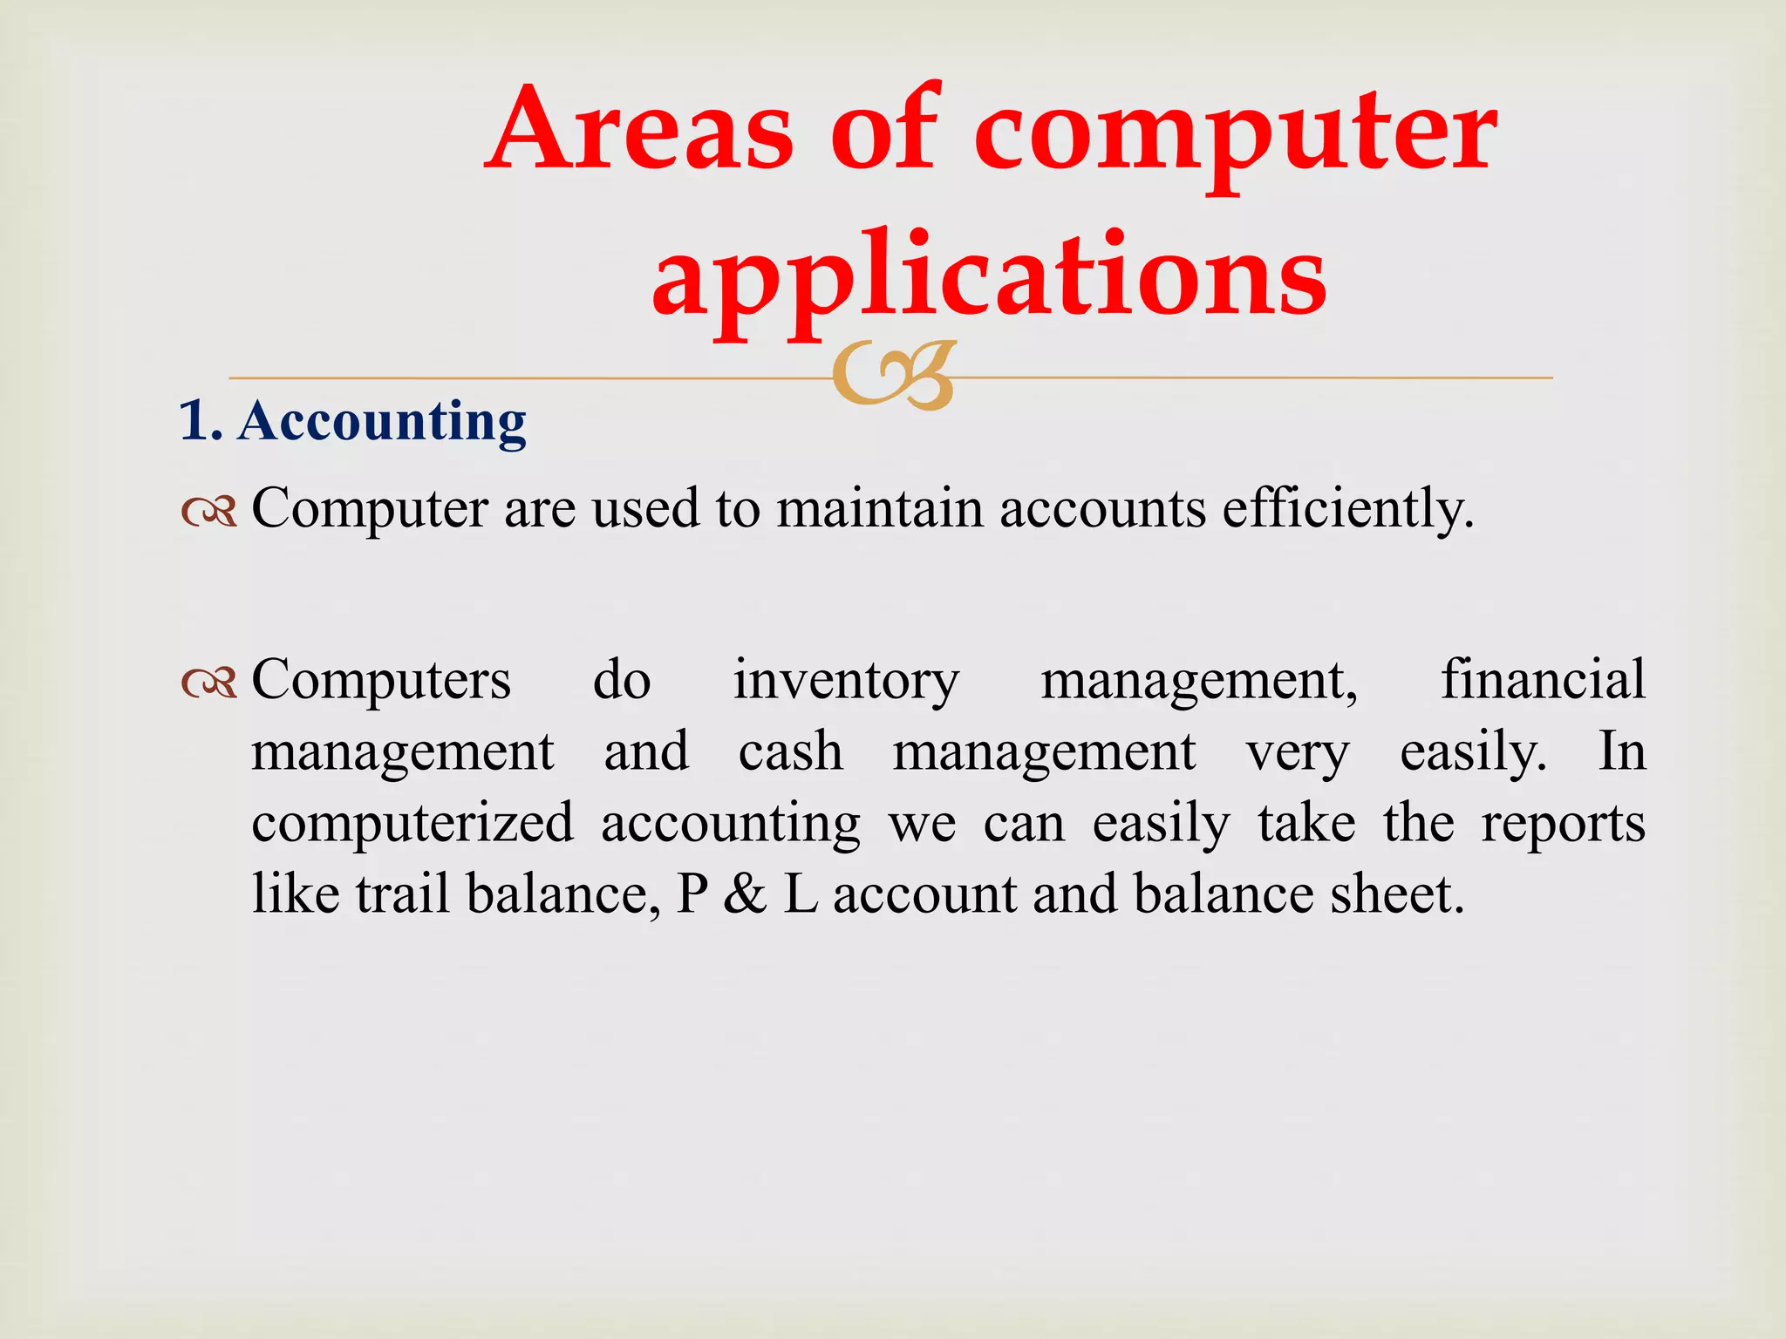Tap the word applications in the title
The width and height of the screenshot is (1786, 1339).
tap(989, 275)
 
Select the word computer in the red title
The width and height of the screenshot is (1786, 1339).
tap(1235, 133)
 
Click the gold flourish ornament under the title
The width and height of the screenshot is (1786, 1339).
tap(893, 376)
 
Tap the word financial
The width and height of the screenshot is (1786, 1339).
tap(1543, 680)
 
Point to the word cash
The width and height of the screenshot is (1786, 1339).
tap(790, 752)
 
